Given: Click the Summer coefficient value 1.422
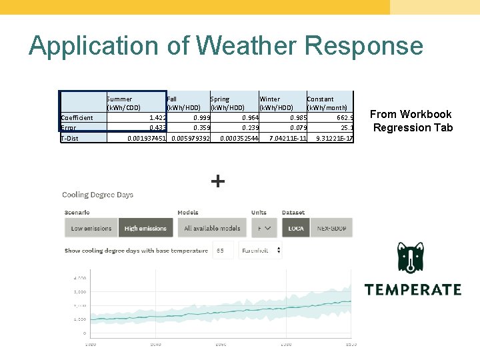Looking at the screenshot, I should tap(157, 117).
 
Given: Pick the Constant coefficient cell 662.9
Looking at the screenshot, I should tap(340, 117).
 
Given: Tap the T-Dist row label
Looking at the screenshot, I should tap(70, 139).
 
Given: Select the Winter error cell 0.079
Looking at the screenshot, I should tap(297, 128).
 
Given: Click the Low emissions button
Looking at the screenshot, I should tap(91, 228).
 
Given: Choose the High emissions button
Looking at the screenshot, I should tap(145, 228).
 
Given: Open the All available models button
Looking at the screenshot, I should tap(212, 228).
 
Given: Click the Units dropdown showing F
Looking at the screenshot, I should tap(264, 228).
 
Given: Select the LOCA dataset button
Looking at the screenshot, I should tap(296, 228).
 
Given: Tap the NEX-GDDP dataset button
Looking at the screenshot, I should tap(331, 228).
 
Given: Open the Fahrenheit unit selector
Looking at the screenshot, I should tap(259, 251).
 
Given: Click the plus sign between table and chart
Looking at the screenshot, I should tap(218, 181).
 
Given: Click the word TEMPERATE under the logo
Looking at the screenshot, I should tap(413, 290).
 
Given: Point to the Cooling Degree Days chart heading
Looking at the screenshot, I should tap(97, 195).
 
